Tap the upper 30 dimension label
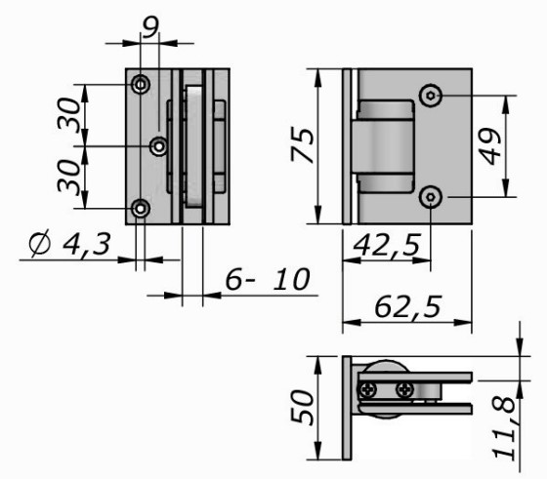(x=69, y=115)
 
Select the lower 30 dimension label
(x=69, y=177)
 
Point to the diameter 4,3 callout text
(x=70, y=244)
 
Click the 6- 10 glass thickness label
(x=268, y=279)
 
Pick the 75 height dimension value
(x=303, y=145)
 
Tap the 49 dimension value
(x=490, y=146)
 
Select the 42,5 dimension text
(x=387, y=245)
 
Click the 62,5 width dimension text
(x=407, y=307)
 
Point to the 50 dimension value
(x=303, y=408)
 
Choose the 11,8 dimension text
(x=503, y=428)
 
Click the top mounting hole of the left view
(x=141, y=84)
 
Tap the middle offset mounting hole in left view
(x=159, y=146)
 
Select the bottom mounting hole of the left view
(x=141, y=209)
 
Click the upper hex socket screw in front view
(x=431, y=95)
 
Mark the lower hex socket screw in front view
(x=431, y=197)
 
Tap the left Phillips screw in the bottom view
(x=368, y=389)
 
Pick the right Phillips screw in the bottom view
(x=405, y=389)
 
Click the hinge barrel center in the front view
(x=383, y=146)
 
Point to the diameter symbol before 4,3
(x=39, y=244)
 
